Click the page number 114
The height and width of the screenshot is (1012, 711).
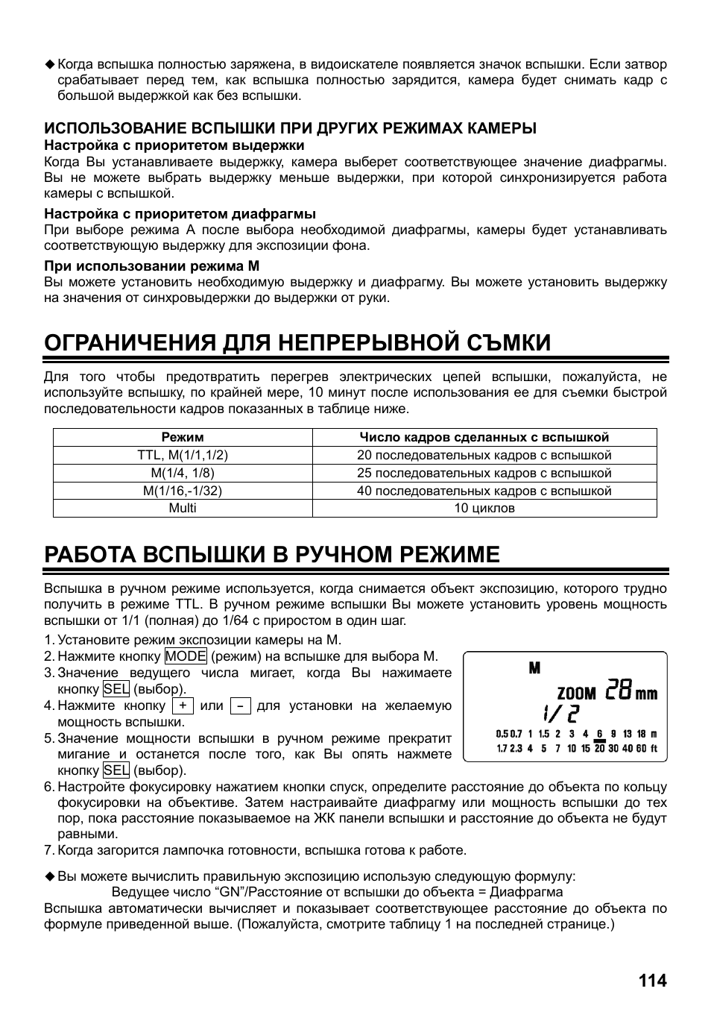coord(652,980)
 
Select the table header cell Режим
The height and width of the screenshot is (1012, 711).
coord(183,437)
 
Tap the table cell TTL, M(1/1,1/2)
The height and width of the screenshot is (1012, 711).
coord(183,455)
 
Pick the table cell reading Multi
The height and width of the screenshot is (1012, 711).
coord(183,508)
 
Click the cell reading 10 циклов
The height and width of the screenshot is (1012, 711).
coord(484,508)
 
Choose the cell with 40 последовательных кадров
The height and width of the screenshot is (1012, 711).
coord(484,491)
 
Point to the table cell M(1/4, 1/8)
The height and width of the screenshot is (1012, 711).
coord(183,473)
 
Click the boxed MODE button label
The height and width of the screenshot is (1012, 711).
coord(186,656)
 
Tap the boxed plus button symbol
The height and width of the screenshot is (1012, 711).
coord(183,705)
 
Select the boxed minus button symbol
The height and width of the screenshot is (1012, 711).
coord(240,705)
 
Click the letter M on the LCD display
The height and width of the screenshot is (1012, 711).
coord(534,668)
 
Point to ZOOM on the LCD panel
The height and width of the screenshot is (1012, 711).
coord(577,694)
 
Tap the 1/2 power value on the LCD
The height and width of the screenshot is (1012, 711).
coord(560,714)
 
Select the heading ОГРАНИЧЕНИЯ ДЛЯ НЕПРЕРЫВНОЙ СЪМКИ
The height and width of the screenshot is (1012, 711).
coord(297,342)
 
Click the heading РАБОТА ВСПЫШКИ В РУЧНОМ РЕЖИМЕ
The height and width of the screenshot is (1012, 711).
coord(272,554)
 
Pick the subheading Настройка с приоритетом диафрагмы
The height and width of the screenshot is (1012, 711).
coord(180,214)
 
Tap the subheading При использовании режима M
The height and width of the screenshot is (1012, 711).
coord(151,265)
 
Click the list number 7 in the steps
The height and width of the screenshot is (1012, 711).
coord(48,850)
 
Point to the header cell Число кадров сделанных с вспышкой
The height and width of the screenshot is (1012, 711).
coord(484,437)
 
